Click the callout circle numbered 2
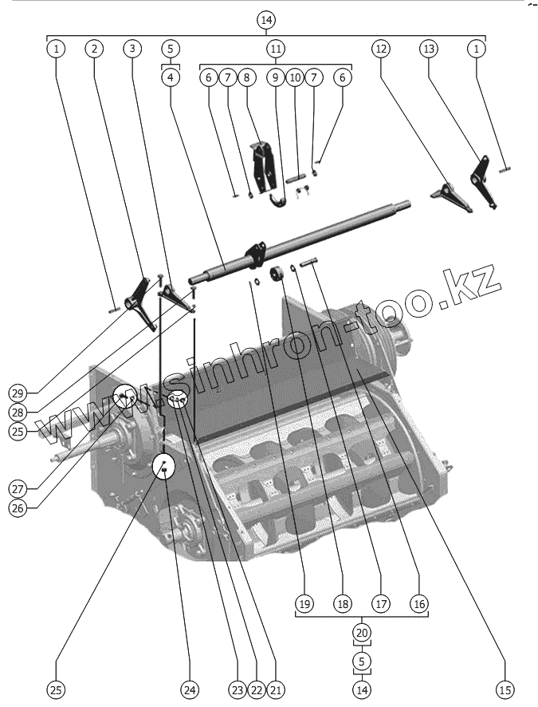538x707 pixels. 94,49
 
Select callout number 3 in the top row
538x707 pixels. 132,49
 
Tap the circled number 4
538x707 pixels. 171,77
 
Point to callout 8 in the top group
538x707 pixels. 246,77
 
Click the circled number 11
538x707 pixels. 275,49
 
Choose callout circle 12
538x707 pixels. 382,49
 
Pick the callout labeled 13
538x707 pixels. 430,49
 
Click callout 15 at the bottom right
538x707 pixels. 504,689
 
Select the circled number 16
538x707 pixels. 419,604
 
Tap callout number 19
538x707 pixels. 304,604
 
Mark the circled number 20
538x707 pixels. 362,633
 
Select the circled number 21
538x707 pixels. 277,689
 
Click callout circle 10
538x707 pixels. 295,77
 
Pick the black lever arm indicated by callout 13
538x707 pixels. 483,180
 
